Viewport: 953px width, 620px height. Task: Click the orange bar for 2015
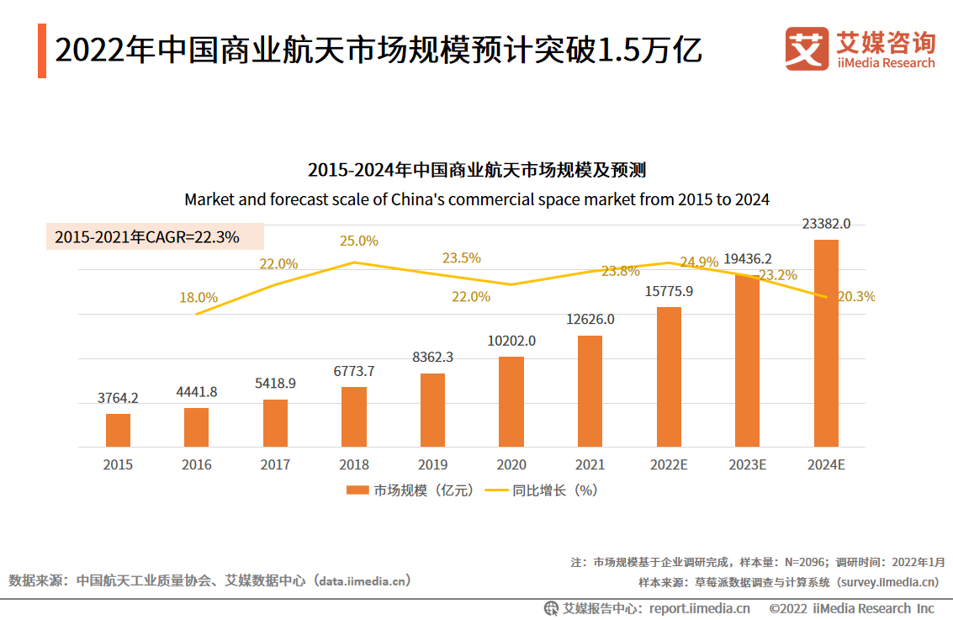pos(118,430)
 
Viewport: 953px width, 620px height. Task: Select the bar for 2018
pos(354,416)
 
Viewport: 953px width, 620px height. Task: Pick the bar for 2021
pos(590,391)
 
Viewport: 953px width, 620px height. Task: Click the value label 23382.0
pos(826,224)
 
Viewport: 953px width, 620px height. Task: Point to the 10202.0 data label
pos(511,341)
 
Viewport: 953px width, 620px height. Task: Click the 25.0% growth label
pos(359,241)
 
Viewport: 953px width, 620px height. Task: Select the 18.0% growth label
pos(199,297)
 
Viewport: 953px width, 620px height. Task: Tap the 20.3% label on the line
pos(857,296)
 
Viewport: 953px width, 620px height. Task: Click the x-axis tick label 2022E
pos(669,464)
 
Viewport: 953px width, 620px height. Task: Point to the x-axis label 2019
pos(432,464)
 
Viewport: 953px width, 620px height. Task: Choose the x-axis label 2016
pos(197,464)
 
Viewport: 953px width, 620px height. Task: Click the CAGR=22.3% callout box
pos(155,237)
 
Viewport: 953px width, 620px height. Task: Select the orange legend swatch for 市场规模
pos(357,490)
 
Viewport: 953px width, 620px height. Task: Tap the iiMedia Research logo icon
pos(807,49)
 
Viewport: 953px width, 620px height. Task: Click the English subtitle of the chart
pos(476,200)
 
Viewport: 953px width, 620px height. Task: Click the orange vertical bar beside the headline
pos(42,50)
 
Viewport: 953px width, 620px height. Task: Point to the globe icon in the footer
pos(551,608)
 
